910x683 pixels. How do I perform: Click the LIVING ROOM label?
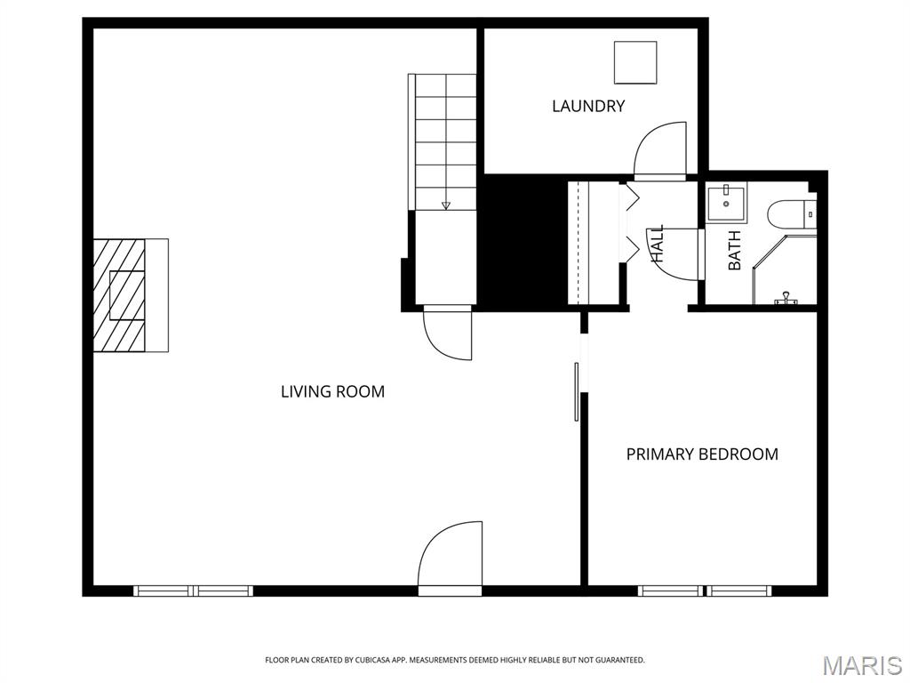pyautogui.click(x=332, y=391)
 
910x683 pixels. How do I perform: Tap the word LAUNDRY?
pyautogui.click(x=588, y=106)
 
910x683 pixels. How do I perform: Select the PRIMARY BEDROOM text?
pyautogui.click(x=702, y=454)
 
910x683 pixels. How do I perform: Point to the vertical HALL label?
pyautogui.click(x=658, y=243)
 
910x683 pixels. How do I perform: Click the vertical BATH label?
pyautogui.click(x=735, y=251)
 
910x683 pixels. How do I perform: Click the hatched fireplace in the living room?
pyautogui.click(x=121, y=294)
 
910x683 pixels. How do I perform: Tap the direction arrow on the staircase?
pyautogui.click(x=446, y=205)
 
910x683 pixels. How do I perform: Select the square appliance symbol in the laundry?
pyautogui.click(x=635, y=62)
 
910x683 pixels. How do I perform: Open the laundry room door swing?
pyautogui.click(x=662, y=149)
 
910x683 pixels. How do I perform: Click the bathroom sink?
pyautogui.click(x=727, y=202)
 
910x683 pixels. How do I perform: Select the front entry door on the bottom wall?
pyautogui.click(x=451, y=558)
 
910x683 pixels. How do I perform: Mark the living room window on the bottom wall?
pyautogui.click(x=193, y=591)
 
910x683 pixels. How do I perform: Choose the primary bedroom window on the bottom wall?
pyautogui.click(x=705, y=591)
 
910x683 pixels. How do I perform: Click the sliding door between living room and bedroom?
pyautogui.click(x=578, y=391)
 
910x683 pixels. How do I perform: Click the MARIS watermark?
pyautogui.click(x=861, y=664)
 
